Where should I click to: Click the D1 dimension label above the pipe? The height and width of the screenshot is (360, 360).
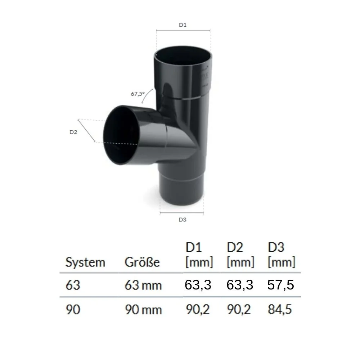coord(183,25)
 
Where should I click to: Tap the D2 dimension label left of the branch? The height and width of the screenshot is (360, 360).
coord(73,132)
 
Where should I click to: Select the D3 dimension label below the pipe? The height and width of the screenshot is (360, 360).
coord(183,220)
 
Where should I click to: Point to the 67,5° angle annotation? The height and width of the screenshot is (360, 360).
coord(137,94)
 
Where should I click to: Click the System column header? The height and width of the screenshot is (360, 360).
coord(85,262)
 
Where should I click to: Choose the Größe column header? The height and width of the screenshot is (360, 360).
coord(142,262)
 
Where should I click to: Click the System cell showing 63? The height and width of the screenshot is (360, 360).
coord(73,285)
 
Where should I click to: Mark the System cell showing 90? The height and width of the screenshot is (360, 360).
coord(73,310)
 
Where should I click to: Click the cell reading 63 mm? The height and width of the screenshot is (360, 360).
coord(143,285)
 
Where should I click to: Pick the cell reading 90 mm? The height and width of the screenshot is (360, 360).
coord(143,310)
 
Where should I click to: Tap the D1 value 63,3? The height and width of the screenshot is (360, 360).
coord(198,285)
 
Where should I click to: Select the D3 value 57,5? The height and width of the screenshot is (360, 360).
coord(281,285)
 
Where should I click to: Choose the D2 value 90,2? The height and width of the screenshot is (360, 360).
coord(240,310)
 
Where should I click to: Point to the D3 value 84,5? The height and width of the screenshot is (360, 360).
coord(281,310)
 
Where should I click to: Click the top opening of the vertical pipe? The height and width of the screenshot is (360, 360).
coord(183,56)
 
